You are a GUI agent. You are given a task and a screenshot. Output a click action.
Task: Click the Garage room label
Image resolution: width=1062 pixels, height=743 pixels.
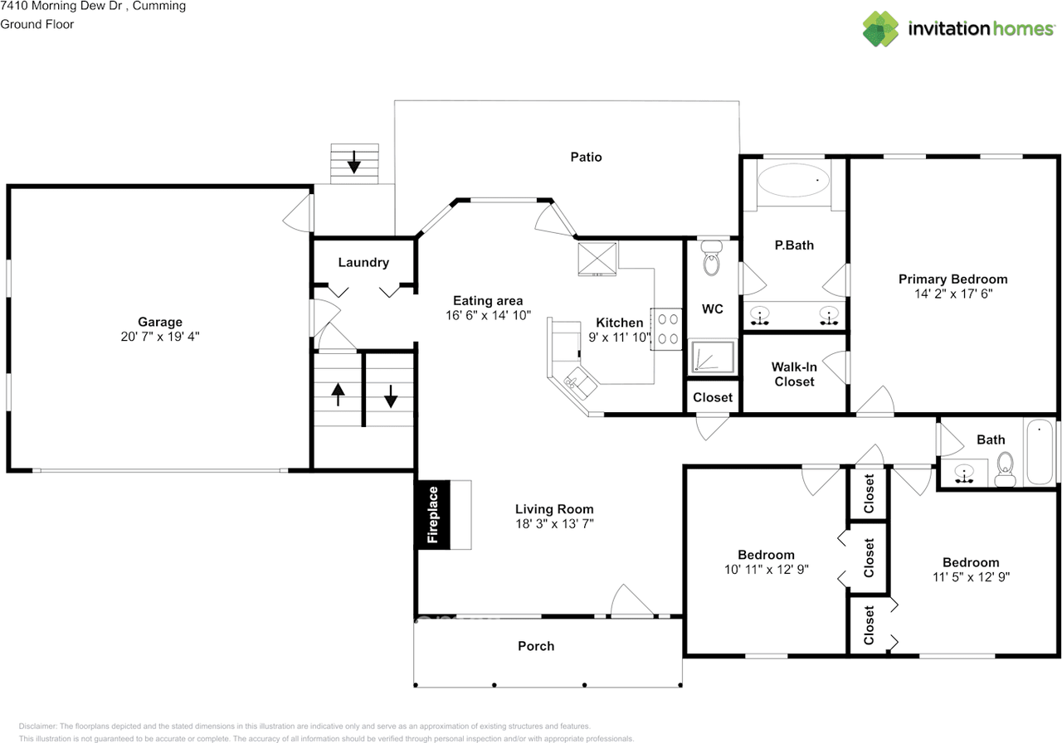[160, 322]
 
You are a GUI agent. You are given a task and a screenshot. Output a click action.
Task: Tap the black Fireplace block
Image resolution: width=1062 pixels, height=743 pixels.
[432, 515]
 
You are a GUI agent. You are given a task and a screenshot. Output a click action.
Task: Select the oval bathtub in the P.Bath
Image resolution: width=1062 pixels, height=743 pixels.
[793, 180]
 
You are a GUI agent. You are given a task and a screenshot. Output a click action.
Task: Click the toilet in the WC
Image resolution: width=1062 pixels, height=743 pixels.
[711, 258]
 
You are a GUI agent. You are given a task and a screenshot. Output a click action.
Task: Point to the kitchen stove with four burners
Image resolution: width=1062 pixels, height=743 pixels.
[666, 329]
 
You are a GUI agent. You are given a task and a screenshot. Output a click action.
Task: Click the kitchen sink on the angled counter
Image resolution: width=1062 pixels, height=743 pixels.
[580, 383]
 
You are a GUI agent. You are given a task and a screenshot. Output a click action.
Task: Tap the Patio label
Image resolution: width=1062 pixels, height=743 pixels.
[586, 157]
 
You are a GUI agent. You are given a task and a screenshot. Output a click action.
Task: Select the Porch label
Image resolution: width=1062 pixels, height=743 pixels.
[536, 646]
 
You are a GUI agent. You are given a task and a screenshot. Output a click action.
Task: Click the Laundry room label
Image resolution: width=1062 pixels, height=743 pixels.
[363, 263]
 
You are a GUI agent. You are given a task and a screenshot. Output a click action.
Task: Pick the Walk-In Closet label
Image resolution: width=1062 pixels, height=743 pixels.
[794, 374]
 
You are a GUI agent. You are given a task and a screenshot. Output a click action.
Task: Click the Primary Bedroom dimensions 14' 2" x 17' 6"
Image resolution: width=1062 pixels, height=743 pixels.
[953, 294]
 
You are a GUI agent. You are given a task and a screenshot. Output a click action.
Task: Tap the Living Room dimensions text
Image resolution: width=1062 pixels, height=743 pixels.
[555, 523]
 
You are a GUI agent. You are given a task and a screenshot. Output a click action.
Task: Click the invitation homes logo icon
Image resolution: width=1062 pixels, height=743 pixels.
[880, 28]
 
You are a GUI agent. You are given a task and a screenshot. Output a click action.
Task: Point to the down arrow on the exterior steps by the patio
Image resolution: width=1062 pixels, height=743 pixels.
[353, 162]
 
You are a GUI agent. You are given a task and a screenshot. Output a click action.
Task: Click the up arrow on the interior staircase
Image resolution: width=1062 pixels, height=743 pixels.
[338, 394]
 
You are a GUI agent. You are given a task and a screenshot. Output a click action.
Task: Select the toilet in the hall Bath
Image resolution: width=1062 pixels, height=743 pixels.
[1005, 469]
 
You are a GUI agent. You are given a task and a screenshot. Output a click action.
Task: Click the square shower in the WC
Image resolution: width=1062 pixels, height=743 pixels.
[712, 357]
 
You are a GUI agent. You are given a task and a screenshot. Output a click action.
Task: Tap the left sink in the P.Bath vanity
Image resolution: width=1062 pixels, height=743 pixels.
[759, 316]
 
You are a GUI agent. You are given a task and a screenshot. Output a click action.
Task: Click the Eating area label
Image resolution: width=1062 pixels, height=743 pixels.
[488, 300]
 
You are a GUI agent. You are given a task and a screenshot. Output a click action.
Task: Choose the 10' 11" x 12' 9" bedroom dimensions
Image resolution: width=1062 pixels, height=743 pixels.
[766, 569]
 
